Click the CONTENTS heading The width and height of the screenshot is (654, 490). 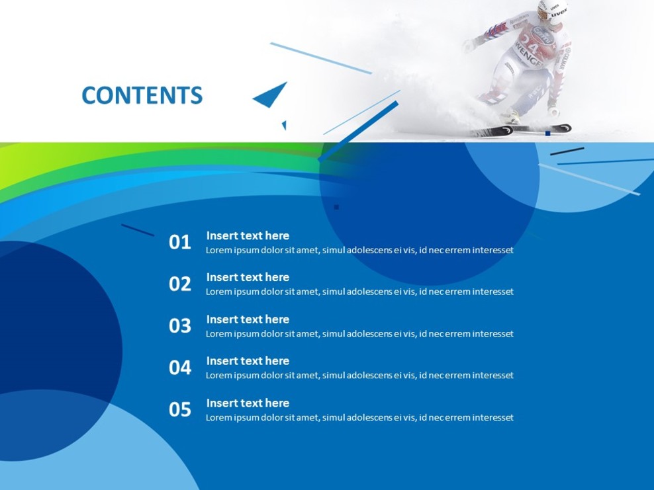[x=142, y=96]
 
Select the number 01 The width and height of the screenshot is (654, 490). [x=179, y=243]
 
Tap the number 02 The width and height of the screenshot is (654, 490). [x=179, y=284]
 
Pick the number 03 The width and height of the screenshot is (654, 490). [x=179, y=326]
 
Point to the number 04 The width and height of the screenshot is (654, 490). [x=179, y=368]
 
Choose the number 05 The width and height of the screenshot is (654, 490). [x=179, y=410]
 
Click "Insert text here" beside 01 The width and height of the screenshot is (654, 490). [x=248, y=235]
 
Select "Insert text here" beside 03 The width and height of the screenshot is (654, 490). [x=248, y=319]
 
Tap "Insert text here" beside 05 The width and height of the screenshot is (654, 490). [x=248, y=403]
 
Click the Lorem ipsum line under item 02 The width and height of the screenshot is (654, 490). [x=359, y=292]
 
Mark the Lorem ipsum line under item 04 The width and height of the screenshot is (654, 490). [x=359, y=376]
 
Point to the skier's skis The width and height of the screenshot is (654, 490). [x=523, y=130]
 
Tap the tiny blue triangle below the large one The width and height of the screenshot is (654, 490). [x=284, y=124]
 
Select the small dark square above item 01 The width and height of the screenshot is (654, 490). [x=336, y=207]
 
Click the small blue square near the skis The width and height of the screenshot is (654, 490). [x=547, y=134]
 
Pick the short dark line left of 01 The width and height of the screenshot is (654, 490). [x=137, y=230]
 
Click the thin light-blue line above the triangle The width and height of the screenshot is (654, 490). [x=320, y=58]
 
